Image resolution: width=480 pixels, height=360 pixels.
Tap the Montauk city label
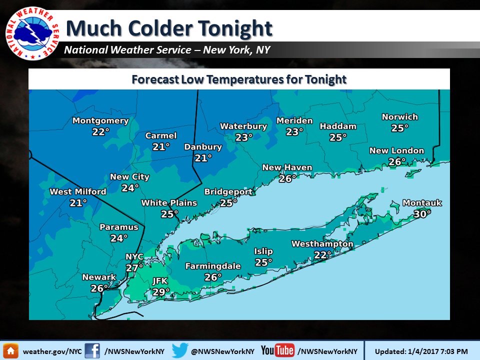click(x=422, y=203)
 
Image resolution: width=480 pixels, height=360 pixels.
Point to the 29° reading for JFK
click(x=161, y=291)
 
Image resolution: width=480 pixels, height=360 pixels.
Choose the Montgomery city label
click(x=100, y=121)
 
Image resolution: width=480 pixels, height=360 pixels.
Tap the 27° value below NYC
click(x=134, y=268)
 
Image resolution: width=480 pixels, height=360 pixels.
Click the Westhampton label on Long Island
click(x=322, y=244)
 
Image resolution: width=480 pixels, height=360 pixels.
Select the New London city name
click(x=396, y=151)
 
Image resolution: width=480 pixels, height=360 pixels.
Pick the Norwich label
click(x=399, y=117)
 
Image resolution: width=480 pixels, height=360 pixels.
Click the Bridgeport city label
click(x=228, y=192)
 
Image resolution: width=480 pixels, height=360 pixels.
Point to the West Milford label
click(x=78, y=192)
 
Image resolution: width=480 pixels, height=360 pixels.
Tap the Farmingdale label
click(x=213, y=266)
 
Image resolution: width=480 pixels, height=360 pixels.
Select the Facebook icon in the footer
click(x=92, y=350)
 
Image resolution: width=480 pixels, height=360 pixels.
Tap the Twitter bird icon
click(x=179, y=350)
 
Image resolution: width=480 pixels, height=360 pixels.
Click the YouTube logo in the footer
click(x=277, y=350)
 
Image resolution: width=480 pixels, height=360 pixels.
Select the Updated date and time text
click(x=421, y=351)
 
